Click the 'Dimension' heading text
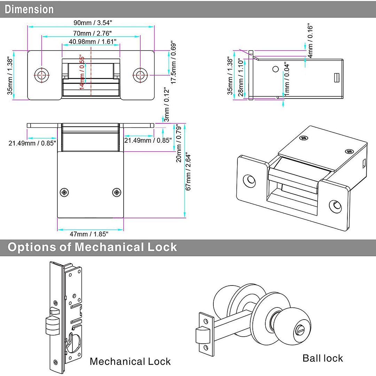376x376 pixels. coord(29,9)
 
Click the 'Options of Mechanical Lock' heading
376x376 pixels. coord(92,247)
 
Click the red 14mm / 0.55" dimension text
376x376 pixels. coord(82,71)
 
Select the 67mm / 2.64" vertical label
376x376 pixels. coord(188,171)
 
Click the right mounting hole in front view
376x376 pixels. coord(140,74)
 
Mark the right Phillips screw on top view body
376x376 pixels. coord(117,192)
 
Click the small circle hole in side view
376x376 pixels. coord(275,69)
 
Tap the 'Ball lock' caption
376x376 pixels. coord(322,358)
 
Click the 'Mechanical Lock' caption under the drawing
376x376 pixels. coord(130,361)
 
